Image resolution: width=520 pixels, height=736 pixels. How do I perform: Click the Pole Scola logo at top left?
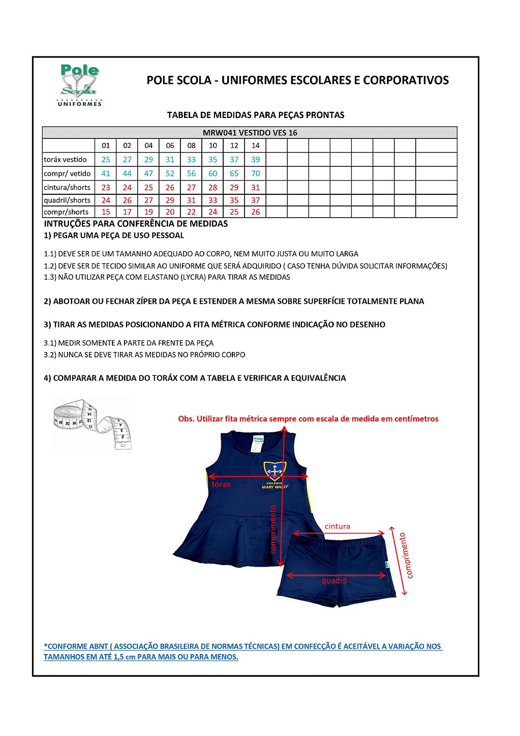[x=80, y=85]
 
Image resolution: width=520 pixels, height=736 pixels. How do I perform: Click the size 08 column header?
[x=191, y=145]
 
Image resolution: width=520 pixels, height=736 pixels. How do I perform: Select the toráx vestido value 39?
[x=255, y=160]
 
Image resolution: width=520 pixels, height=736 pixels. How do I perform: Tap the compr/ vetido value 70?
[x=255, y=173]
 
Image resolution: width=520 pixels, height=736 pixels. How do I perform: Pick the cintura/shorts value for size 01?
[x=106, y=187]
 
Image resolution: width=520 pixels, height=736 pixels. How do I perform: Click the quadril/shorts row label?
[x=67, y=200]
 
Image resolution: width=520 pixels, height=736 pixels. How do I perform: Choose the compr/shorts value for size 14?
[x=255, y=212]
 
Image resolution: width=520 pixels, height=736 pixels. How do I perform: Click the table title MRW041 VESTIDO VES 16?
[x=250, y=133]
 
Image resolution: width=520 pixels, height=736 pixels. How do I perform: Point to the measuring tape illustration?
[x=93, y=424]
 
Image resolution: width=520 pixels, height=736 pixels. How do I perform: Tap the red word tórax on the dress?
[x=221, y=484]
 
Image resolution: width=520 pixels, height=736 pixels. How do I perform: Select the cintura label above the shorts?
[x=338, y=526]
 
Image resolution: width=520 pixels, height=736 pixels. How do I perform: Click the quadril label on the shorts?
[x=334, y=581]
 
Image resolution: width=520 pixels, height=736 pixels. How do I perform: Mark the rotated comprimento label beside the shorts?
[x=407, y=555]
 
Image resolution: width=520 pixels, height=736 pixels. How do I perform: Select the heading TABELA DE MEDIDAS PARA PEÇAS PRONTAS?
[x=256, y=115]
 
